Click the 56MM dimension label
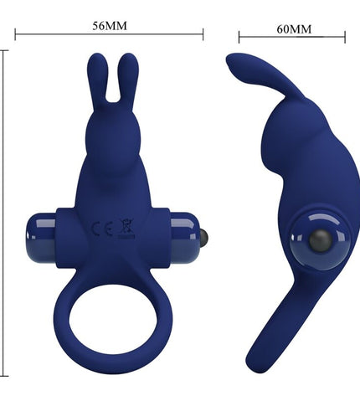point(110,26)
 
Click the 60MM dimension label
point(294,29)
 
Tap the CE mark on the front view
point(102,229)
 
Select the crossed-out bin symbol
point(126,229)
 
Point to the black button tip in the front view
point(204,237)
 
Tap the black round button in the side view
point(321,241)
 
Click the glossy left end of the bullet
point(41,238)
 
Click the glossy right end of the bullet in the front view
point(185,238)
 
